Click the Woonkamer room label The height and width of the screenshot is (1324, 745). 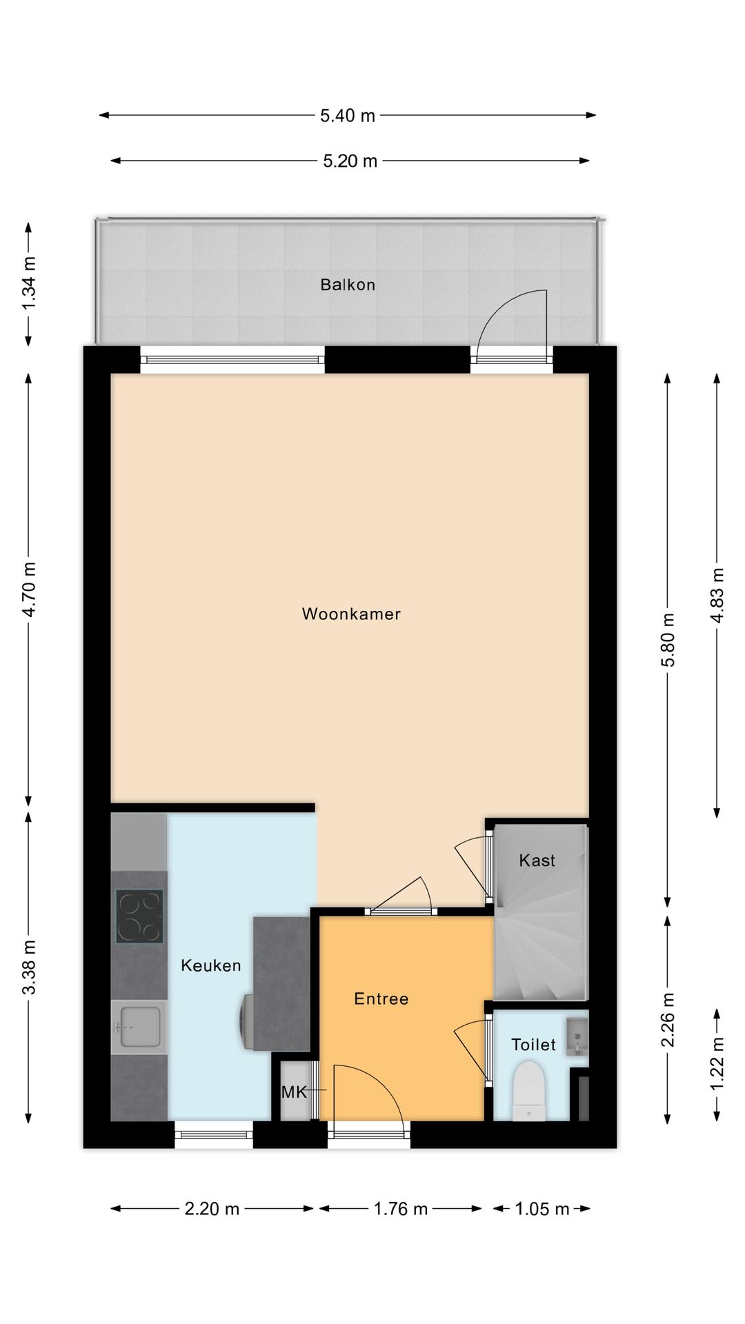click(x=351, y=614)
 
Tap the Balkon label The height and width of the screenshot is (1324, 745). click(x=348, y=285)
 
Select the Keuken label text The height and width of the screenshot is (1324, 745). click(x=211, y=965)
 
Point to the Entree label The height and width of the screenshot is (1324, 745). click(x=381, y=999)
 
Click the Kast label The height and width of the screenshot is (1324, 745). click(x=537, y=860)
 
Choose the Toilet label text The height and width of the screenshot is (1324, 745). click(x=533, y=1045)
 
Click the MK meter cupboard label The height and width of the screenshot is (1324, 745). click(x=294, y=1092)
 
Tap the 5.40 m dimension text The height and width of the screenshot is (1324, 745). click(x=348, y=116)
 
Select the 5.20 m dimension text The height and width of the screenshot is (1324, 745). click(x=350, y=161)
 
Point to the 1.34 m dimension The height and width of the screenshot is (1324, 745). click(x=28, y=283)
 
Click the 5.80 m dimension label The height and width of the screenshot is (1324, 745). click(x=668, y=640)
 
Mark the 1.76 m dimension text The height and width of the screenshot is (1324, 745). click(x=401, y=1209)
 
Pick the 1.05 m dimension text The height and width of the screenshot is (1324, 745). click(x=542, y=1209)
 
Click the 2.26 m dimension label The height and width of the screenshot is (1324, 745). click(x=668, y=1020)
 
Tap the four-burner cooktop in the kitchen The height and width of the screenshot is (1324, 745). click(x=140, y=916)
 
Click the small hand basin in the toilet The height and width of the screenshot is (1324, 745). click(x=576, y=1036)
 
